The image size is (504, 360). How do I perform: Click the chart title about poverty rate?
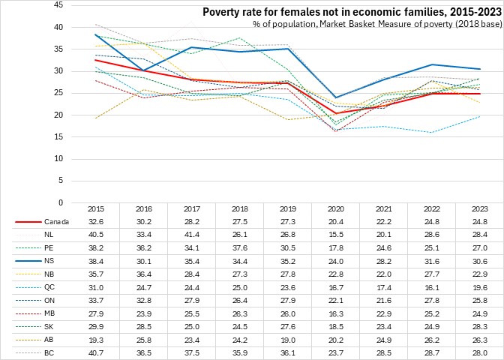click(350, 12)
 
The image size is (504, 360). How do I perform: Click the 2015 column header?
click(96, 208)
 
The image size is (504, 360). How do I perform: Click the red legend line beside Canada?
click(28, 222)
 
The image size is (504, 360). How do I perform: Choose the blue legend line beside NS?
click(28, 259)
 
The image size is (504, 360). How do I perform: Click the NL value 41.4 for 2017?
click(174, 234)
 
